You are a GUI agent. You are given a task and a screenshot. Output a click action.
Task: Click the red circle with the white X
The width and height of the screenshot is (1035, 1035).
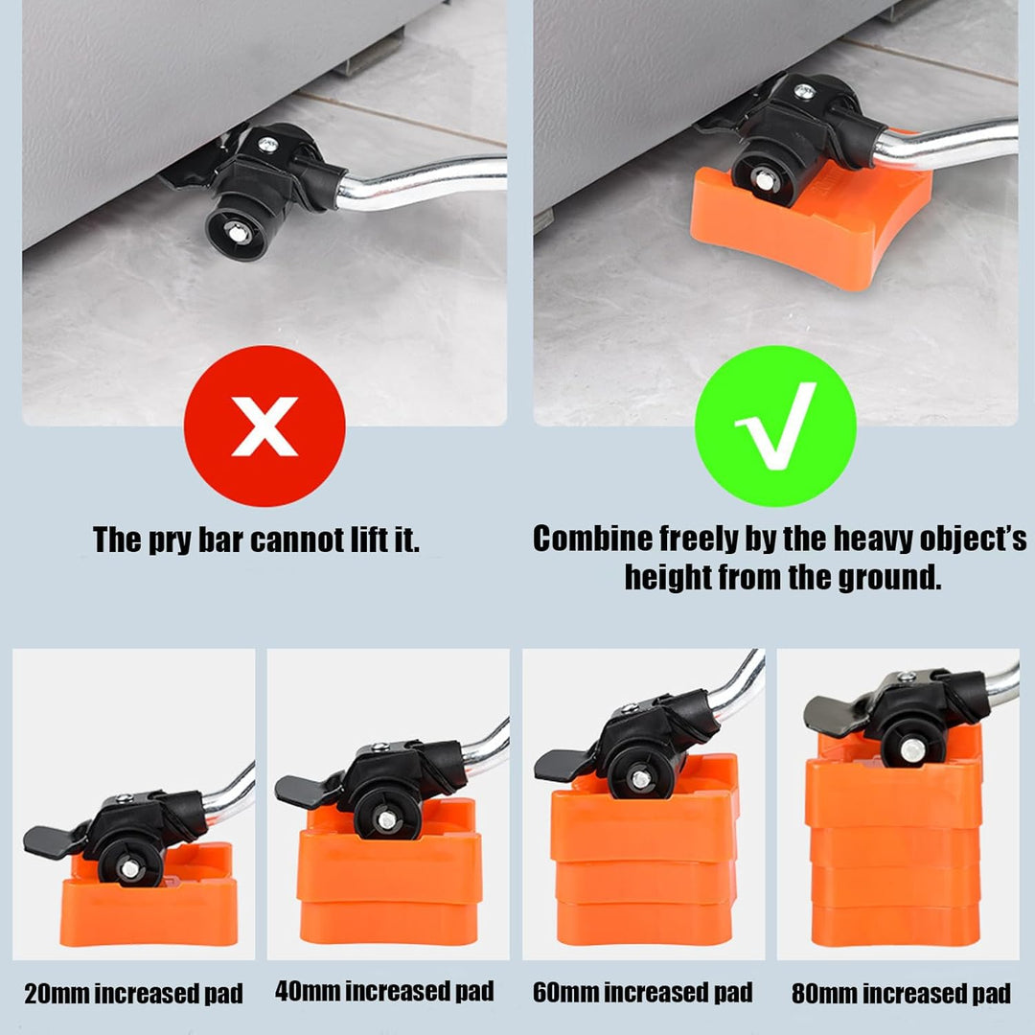tap(264, 425)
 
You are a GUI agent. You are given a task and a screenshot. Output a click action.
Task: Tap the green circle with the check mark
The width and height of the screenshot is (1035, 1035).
tap(775, 425)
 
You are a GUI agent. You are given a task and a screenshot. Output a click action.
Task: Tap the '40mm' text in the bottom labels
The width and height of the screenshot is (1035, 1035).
tap(308, 991)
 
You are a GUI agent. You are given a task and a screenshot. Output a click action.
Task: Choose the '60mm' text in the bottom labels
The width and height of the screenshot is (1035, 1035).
tap(565, 992)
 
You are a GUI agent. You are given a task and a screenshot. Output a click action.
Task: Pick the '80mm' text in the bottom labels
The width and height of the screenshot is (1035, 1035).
tap(825, 994)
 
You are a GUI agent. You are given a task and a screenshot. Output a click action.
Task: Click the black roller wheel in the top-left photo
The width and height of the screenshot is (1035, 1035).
tap(237, 230)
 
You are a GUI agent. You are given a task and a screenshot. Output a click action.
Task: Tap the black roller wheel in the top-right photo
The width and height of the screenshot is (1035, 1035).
tap(765, 178)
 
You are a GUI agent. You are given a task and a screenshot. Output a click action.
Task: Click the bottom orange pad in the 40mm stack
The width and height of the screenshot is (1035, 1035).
tap(389, 923)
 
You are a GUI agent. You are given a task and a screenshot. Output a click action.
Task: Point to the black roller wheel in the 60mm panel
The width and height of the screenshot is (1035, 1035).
tap(640, 779)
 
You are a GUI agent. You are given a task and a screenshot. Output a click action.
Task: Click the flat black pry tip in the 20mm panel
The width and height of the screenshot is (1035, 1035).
tap(53, 840)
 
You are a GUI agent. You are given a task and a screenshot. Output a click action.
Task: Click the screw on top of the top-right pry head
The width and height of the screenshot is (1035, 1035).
tap(804, 91)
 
